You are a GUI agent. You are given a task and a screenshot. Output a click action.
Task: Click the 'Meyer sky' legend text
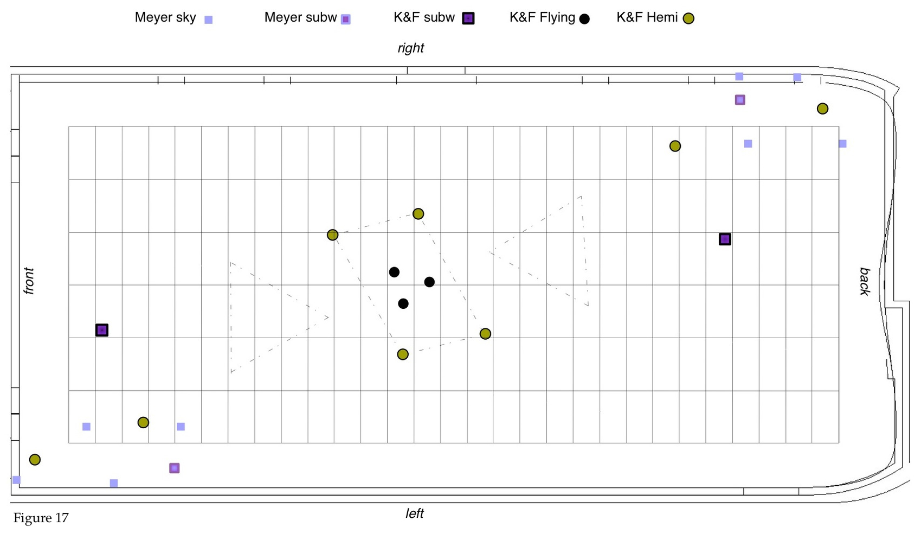click(x=165, y=17)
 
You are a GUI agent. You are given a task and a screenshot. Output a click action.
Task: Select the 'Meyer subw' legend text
click(x=300, y=17)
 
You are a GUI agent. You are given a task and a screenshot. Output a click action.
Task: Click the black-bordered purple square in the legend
click(x=468, y=18)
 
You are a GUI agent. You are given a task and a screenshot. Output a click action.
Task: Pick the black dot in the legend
click(x=584, y=19)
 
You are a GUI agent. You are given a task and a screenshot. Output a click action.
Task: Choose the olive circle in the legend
click(x=688, y=19)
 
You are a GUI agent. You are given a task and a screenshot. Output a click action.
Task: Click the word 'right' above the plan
click(x=411, y=48)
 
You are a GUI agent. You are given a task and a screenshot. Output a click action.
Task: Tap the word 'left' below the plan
click(x=415, y=513)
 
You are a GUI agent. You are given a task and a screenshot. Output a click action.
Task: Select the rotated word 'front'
click(x=29, y=281)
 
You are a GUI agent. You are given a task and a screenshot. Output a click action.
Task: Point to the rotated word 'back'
click(x=865, y=281)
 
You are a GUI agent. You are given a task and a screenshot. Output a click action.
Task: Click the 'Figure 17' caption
click(x=41, y=518)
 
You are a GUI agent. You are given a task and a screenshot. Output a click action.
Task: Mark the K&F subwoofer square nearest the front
click(x=102, y=330)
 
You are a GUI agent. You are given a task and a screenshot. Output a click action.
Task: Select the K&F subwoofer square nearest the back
click(x=725, y=239)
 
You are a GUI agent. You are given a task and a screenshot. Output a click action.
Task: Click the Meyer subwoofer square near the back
click(x=740, y=100)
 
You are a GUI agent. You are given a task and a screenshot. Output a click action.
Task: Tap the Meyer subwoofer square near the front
click(x=174, y=468)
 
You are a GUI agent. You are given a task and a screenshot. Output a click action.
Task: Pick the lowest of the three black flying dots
click(x=403, y=303)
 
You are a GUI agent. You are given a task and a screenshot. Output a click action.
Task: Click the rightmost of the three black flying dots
click(x=429, y=282)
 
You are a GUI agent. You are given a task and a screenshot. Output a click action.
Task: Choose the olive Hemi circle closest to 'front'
click(x=35, y=460)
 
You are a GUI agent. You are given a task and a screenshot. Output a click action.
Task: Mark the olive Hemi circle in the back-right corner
click(x=822, y=109)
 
